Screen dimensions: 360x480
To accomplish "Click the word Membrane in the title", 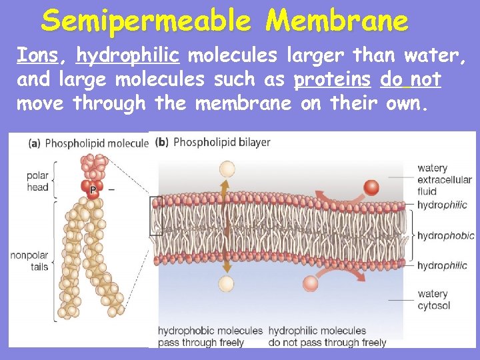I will coord(337,21).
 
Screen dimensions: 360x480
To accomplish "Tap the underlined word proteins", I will coord(332,79).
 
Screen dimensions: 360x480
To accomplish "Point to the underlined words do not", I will coord(410,79).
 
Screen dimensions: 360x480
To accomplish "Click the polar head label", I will coord(37,181).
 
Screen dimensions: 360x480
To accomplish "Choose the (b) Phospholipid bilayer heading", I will coord(213,142).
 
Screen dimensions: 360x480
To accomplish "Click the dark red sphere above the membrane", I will coord(371,188).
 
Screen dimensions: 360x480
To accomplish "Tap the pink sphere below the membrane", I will coord(311,284).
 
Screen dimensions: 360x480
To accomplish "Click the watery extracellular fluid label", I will coord(444,179).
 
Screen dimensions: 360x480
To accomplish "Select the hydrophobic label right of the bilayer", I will coord(445,235).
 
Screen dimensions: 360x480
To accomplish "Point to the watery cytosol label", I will coord(433,299).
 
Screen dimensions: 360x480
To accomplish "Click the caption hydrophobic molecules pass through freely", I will coord(210,336).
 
